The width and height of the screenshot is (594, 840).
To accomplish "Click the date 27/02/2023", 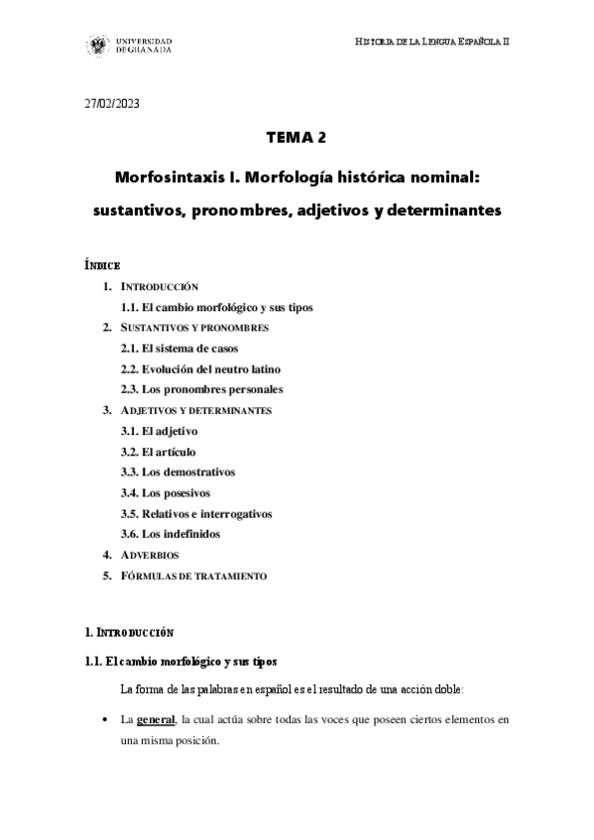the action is (112, 104).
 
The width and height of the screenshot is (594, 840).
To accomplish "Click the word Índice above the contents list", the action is (102, 265).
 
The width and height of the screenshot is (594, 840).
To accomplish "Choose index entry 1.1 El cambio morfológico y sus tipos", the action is (215, 307).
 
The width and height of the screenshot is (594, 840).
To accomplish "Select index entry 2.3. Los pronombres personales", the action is (200, 389).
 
